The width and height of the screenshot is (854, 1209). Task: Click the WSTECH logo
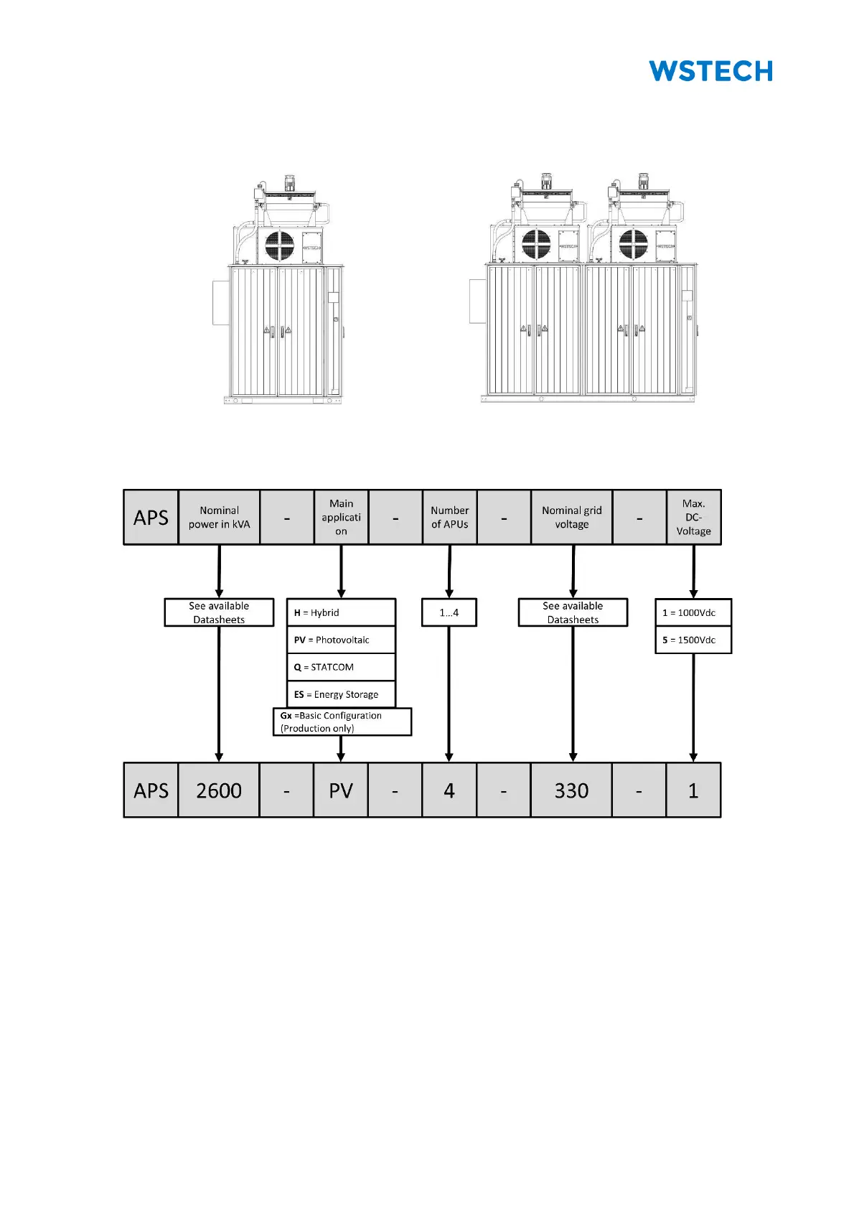click(x=710, y=71)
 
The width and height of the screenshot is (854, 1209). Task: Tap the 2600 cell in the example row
click(x=219, y=790)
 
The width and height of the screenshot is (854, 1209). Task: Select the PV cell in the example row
click(x=341, y=790)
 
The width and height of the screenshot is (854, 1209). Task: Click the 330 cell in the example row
click(x=571, y=790)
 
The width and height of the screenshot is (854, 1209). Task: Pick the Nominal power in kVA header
click(x=219, y=517)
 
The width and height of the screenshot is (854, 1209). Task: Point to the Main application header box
click(x=341, y=517)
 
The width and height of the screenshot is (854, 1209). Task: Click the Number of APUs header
click(x=449, y=517)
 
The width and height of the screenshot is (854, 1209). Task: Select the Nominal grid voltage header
click(x=571, y=517)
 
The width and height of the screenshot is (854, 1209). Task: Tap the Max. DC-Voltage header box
click(x=693, y=517)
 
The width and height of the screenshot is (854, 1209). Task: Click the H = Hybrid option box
click(x=341, y=612)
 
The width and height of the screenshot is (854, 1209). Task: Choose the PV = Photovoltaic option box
click(x=341, y=640)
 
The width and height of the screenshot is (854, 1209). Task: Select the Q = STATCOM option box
click(x=341, y=667)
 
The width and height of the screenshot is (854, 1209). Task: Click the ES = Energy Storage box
click(x=341, y=694)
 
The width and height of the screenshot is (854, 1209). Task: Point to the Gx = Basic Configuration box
click(x=342, y=722)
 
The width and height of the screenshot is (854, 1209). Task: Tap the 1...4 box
click(x=449, y=612)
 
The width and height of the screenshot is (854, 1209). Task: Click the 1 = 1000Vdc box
click(x=693, y=612)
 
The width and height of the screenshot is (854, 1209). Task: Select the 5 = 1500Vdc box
click(x=693, y=640)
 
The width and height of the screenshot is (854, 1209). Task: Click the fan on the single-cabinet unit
click(x=279, y=246)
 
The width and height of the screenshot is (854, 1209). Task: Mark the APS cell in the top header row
click(x=151, y=517)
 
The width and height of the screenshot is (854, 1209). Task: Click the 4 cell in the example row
click(x=449, y=790)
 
